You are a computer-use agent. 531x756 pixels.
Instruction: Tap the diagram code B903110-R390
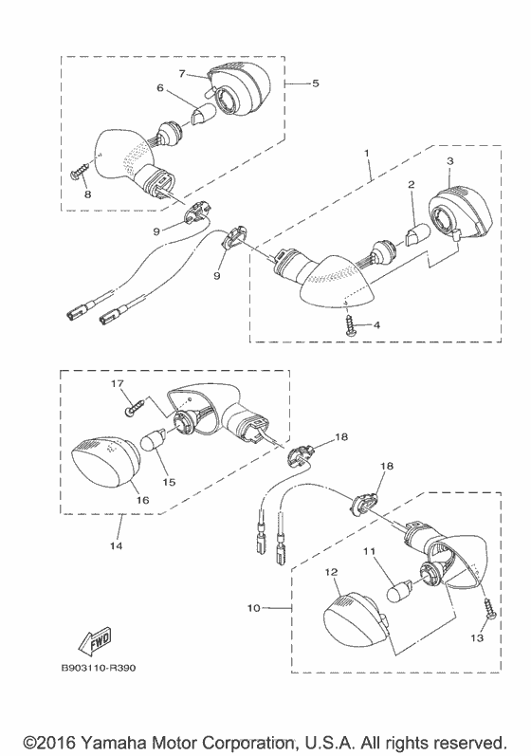tap(99, 668)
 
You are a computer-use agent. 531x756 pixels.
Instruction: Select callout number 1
tap(367, 153)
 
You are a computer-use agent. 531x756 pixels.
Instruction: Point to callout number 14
tap(117, 545)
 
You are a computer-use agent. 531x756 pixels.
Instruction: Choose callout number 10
tap(253, 608)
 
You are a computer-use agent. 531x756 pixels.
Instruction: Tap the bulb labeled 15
tap(154, 441)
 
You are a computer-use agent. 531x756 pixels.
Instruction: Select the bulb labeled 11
tap(399, 590)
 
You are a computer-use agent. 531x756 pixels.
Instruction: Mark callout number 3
tap(450, 161)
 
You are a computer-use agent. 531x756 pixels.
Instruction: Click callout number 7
tap(182, 73)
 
